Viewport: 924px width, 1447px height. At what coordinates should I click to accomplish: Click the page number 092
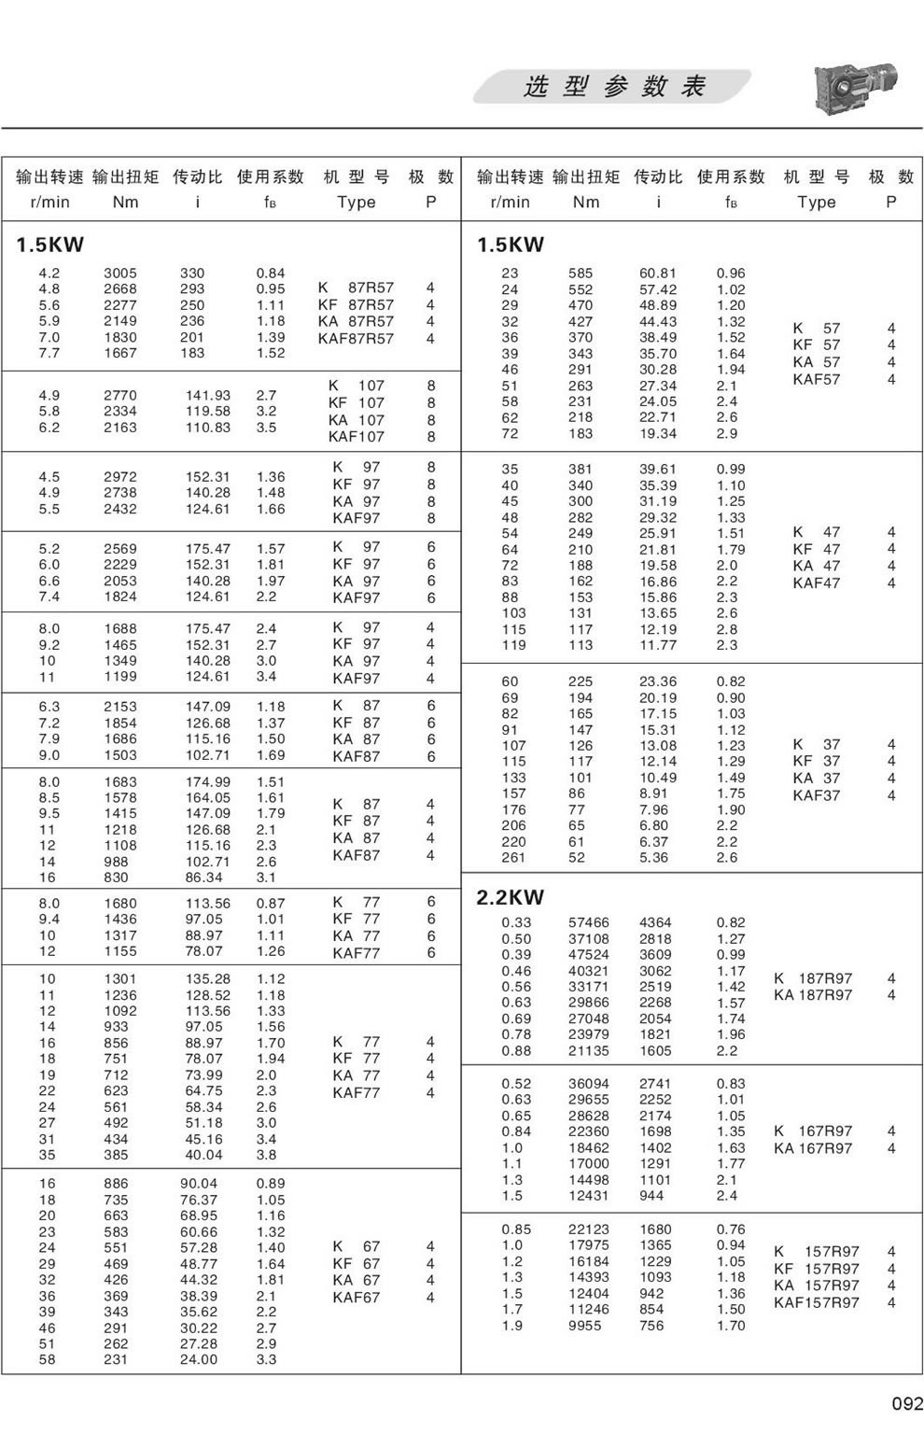[906, 1403]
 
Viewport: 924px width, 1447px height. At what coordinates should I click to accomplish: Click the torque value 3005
[119, 274]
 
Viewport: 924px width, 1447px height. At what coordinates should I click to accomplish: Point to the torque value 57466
[588, 922]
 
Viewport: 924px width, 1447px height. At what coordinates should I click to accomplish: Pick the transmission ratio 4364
[655, 922]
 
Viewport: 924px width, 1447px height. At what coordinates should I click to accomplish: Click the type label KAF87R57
[356, 339]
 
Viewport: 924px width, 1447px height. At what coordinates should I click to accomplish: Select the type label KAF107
[356, 436]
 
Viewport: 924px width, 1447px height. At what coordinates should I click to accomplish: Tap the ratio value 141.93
[207, 396]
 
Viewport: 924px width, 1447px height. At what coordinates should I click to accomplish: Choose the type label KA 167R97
[813, 1148]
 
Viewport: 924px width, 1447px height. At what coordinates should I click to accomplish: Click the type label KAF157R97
[816, 1302]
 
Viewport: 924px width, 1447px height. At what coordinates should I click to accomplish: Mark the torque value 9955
[584, 1326]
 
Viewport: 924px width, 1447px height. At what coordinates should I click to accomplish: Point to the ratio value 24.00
[198, 1360]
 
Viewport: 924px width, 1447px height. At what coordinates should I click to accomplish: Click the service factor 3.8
[266, 1155]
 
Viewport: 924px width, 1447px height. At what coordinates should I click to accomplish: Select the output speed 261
[513, 858]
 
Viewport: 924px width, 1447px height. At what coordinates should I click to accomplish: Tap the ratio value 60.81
[658, 274]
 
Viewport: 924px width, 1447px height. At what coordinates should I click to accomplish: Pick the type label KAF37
[816, 795]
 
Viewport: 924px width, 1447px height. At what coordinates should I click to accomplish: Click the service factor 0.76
[731, 1229]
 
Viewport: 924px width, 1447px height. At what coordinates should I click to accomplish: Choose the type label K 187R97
[813, 978]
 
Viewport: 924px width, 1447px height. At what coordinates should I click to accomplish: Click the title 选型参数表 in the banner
[613, 87]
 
